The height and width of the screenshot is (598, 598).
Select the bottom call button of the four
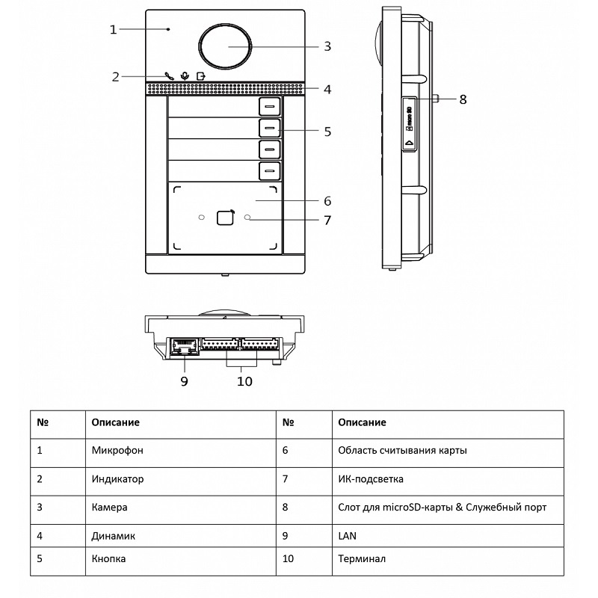pos(270,172)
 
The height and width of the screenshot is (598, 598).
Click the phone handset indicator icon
pos(169,75)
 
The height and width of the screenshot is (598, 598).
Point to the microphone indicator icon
pos(185,75)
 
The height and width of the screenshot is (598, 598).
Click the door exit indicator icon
pos(200,75)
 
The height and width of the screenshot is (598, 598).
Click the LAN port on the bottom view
pos(183,346)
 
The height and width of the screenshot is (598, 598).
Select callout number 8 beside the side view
pos(463,99)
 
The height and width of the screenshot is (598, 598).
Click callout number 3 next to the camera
pos(327,46)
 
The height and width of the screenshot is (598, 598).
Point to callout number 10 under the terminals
pos(244,381)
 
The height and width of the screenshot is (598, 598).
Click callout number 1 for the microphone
pos(113,30)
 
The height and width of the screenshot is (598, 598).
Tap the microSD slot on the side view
pos(410,123)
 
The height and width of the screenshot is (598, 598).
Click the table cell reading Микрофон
pos(117,451)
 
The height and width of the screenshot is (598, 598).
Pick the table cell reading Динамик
pos(114,534)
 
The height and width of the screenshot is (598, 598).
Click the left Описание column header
pos(115,422)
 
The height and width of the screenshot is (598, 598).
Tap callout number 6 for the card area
pos(327,201)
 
